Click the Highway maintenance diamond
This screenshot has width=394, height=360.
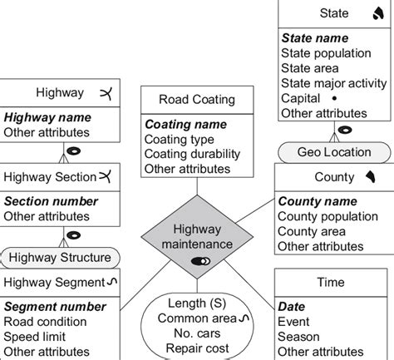point(197,237)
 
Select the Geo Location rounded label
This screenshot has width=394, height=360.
point(334,152)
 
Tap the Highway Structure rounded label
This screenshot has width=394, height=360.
point(60,258)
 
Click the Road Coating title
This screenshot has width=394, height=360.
point(197,100)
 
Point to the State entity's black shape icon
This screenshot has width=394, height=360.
point(378,13)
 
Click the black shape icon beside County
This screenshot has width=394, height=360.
point(371,176)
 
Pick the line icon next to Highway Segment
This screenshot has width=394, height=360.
point(112,282)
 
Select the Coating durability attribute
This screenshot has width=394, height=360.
point(192,154)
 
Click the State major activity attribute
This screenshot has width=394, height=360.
point(333,83)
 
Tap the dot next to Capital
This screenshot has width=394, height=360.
point(334,98)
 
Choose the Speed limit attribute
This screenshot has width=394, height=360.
point(35,337)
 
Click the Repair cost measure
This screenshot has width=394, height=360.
point(197,348)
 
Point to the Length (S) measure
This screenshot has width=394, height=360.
point(197,303)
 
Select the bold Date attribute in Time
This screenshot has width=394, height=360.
point(291,307)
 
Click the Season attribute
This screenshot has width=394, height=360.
point(298,337)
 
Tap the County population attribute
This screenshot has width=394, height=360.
point(328,216)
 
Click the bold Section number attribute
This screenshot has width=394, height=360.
point(51,201)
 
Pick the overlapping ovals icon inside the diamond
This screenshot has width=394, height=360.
point(200,261)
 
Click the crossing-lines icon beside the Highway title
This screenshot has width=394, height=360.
point(106,93)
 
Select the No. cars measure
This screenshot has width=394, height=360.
point(197,333)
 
